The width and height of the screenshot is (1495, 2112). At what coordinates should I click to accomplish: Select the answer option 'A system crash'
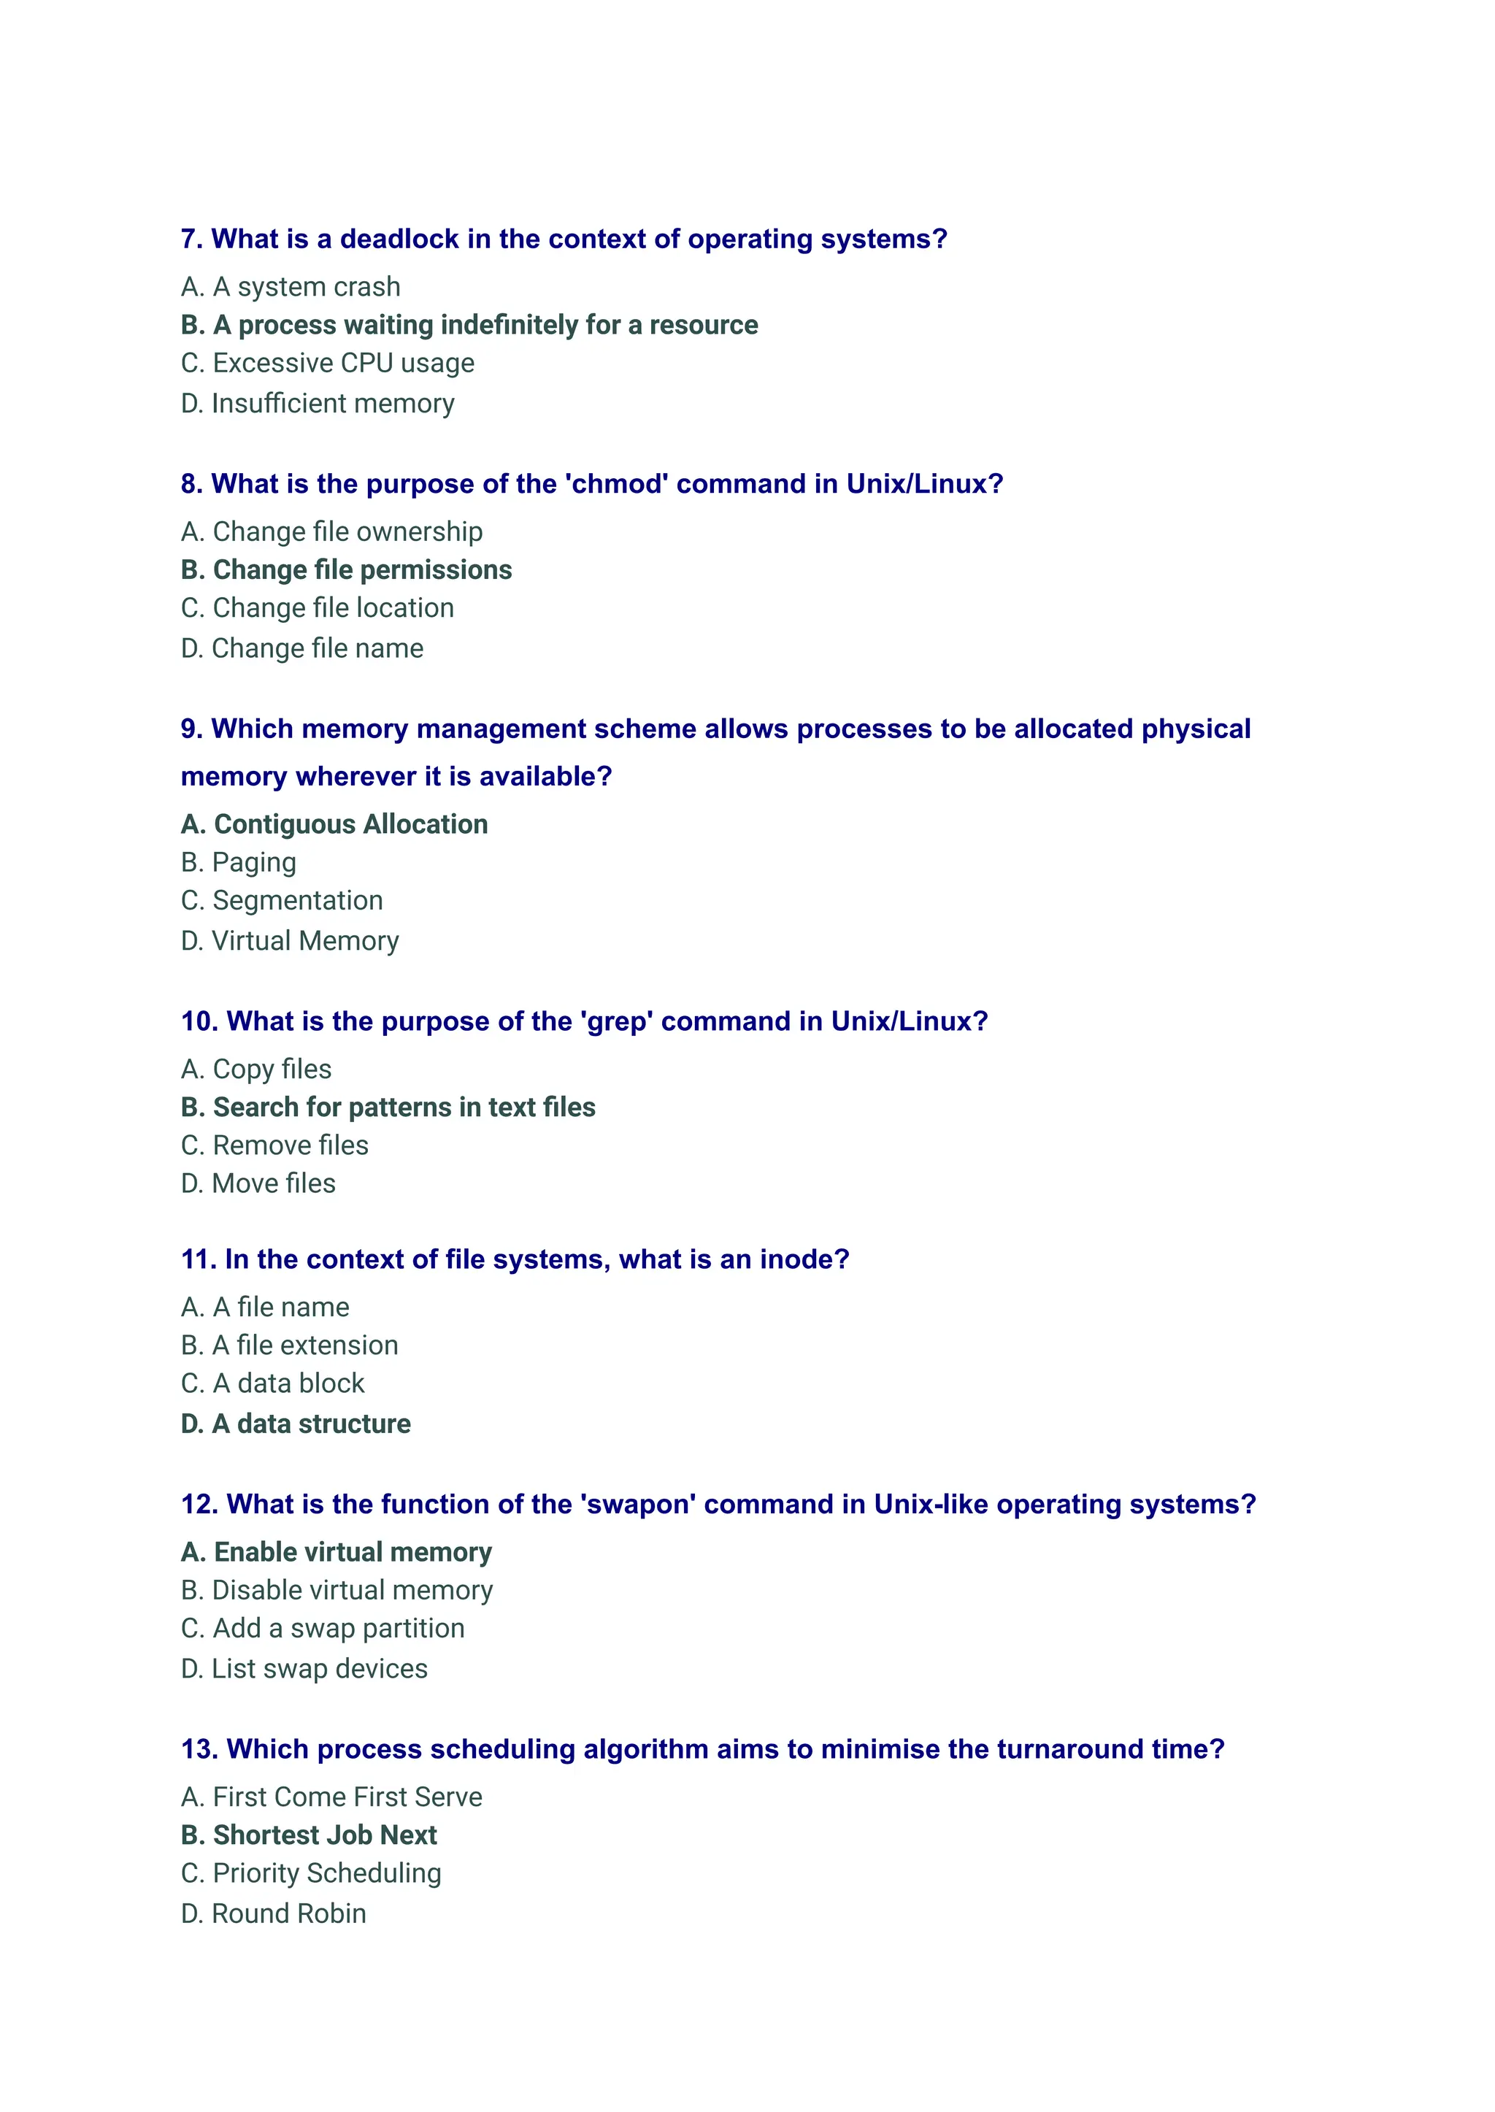pyautogui.click(x=291, y=287)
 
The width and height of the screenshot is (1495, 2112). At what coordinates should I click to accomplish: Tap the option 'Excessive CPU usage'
pyautogui.click(x=328, y=364)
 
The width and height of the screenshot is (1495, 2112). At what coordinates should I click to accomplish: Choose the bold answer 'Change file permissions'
pyautogui.click(x=346, y=570)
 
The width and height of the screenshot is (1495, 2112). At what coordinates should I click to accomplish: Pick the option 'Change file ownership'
pyautogui.click(x=331, y=532)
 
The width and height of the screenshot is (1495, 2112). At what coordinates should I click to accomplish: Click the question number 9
pyautogui.click(x=191, y=729)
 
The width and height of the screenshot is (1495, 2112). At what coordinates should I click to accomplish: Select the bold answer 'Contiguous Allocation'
pyautogui.click(x=334, y=824)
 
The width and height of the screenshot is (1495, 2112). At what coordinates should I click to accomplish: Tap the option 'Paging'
pyautogui.click(x=239, y=863)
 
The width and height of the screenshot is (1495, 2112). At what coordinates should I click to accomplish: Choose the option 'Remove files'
pyautogui.click(x=274, y=1145)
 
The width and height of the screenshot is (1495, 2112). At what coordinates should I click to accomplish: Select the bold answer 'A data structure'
pyautogui.click(x=296, y=1424)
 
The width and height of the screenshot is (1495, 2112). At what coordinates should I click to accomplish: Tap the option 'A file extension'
pyautogui.click(x=290, y=1346)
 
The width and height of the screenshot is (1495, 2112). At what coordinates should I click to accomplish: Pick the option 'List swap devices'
pyautogui.click(x=304, y=1669)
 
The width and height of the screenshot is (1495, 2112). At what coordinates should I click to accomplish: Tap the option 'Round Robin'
pyautogui.click(x=274, y=1913)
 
